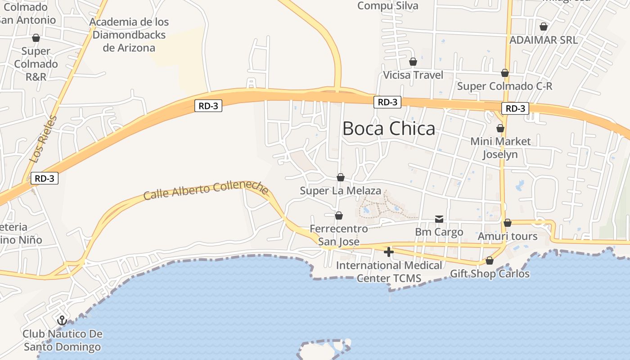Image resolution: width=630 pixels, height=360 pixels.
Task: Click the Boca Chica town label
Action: click(389, 129)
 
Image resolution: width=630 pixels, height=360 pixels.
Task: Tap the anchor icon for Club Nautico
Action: click(62, 320)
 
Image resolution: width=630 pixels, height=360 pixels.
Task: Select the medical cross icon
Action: click(389, 252)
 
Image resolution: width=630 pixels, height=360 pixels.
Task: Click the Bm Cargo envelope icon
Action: click(439, 219)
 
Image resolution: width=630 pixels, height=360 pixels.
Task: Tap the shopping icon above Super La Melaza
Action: click(341, 177)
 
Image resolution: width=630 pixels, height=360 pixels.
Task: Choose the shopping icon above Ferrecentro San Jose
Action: click(339, 216)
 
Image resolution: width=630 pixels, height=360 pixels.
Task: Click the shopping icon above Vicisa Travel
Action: click(413, 62)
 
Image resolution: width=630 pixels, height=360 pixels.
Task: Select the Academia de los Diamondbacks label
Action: click(129, 35)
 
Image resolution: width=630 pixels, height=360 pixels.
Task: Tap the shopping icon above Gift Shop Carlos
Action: click(490, 261)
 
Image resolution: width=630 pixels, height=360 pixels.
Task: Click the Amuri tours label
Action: click(507, 236)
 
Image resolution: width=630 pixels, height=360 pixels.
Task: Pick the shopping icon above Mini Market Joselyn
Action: click(500, 128)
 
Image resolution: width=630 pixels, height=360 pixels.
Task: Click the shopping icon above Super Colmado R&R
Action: click(36, 38)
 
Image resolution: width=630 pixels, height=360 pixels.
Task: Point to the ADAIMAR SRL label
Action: click(543, 40)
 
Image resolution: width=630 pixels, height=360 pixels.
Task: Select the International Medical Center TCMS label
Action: click(389, 272)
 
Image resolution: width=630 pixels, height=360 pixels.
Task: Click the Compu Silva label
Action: click(387, 6)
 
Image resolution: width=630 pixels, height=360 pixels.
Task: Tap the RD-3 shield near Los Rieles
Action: click(44, 178)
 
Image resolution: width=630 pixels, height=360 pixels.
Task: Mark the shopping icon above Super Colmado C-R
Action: click(505, 73)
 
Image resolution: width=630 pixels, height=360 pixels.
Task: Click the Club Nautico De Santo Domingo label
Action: click(62, 341)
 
